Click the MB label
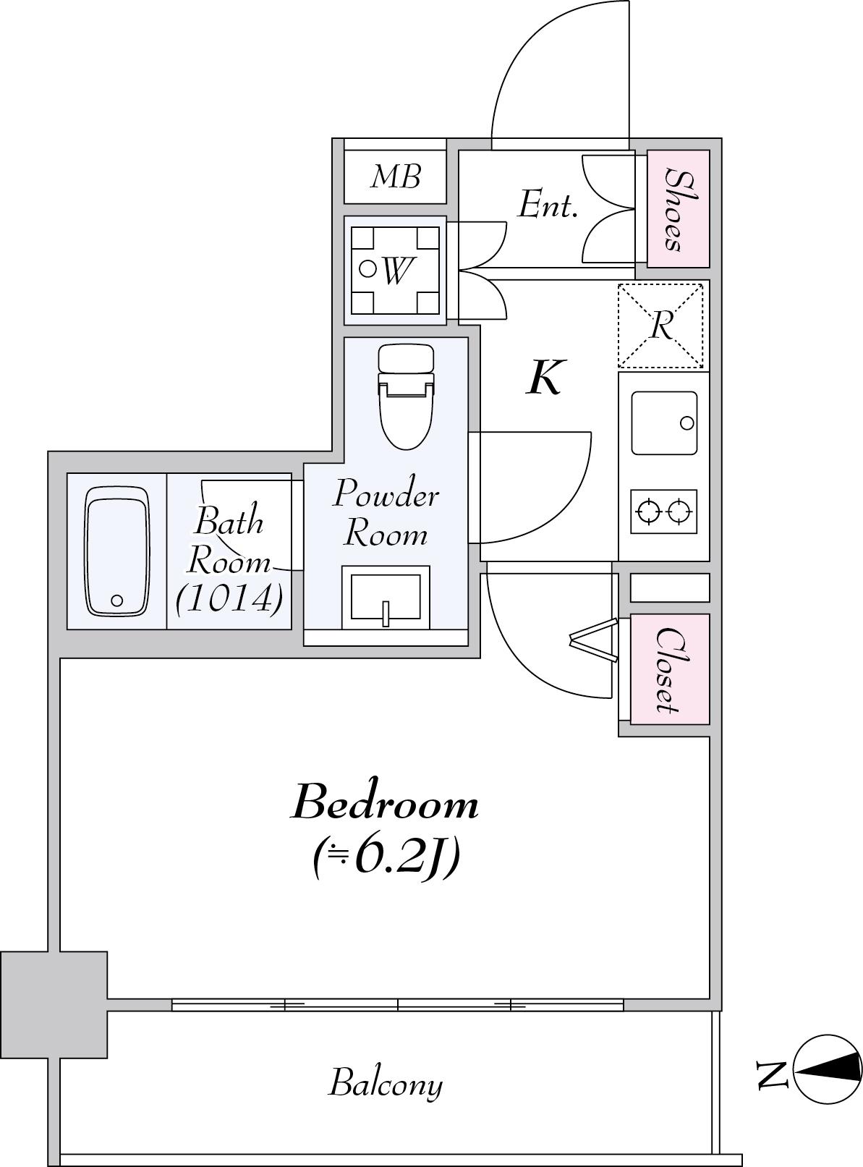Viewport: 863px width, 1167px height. tap(396, 177)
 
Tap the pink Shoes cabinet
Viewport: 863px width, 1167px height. tap(679, 208)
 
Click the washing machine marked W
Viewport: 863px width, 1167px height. tap(395, 270)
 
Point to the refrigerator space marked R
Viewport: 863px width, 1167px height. tap(661, 326)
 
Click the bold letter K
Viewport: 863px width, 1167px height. tap(545, 377)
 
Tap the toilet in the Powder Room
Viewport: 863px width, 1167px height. tap(407, 396)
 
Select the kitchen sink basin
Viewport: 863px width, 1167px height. tap(664, 423)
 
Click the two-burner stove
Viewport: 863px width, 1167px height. tap(663, 512)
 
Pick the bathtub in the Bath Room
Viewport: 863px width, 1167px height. tap(117, 551)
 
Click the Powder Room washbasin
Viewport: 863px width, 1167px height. tap(386, 597)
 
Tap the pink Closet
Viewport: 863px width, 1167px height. tap(670, 669)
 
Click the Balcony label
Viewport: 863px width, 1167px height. tap(386, 1085)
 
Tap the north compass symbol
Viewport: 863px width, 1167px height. tap(828, 1069)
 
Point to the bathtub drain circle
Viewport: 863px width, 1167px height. tap(117, 600)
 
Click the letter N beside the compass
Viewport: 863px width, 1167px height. tap(772, 1074)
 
